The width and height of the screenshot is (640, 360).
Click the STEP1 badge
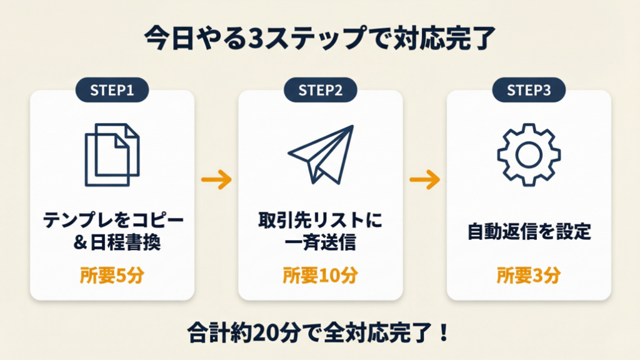(x=112, y=90)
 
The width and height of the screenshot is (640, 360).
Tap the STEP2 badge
(x=320, y=90)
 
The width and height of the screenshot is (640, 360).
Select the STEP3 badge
(x=529, y=90)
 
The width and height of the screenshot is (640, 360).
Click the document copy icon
(x=112, y=154)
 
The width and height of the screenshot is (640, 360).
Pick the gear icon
(x=529, y=154)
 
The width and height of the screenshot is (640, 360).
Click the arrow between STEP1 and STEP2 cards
(x=216, y=181)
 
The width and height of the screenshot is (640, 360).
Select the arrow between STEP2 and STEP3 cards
(x=424, y=181)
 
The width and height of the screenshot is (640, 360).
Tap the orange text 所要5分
(x=112, y=275)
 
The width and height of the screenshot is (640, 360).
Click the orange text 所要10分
(x=320, y=275)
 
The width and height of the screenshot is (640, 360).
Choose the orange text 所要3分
(x=529, y=275)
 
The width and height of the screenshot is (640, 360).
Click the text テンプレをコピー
(x=112, y=221)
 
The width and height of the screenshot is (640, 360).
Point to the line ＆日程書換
(x=112, y=242)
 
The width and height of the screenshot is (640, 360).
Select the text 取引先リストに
(x=320, y=221)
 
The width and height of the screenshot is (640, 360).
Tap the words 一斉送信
(x=320, y=242)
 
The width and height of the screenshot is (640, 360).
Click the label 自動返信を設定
(x=529, y=232)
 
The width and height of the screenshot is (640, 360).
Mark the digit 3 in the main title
(x=256, y=39)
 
